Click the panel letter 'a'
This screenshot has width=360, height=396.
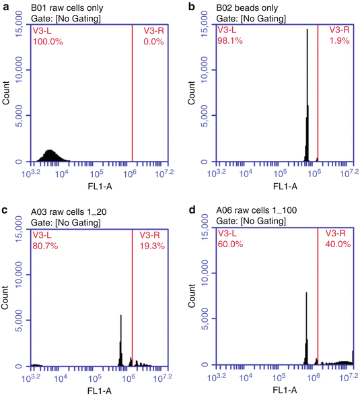click(5, 7)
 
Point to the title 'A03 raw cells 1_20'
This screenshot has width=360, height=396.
click(66, 211)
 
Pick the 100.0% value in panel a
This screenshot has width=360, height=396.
click(46, 41)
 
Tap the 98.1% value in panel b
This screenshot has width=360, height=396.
click(229, 41)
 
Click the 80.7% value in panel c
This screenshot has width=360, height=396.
click(45, 245)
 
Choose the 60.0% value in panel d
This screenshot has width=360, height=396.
click(229, 245)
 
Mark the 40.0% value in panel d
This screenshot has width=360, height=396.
click(338, 245)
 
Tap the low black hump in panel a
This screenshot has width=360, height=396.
click(50, 156)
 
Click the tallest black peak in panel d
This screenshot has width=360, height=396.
click(307, 330)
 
